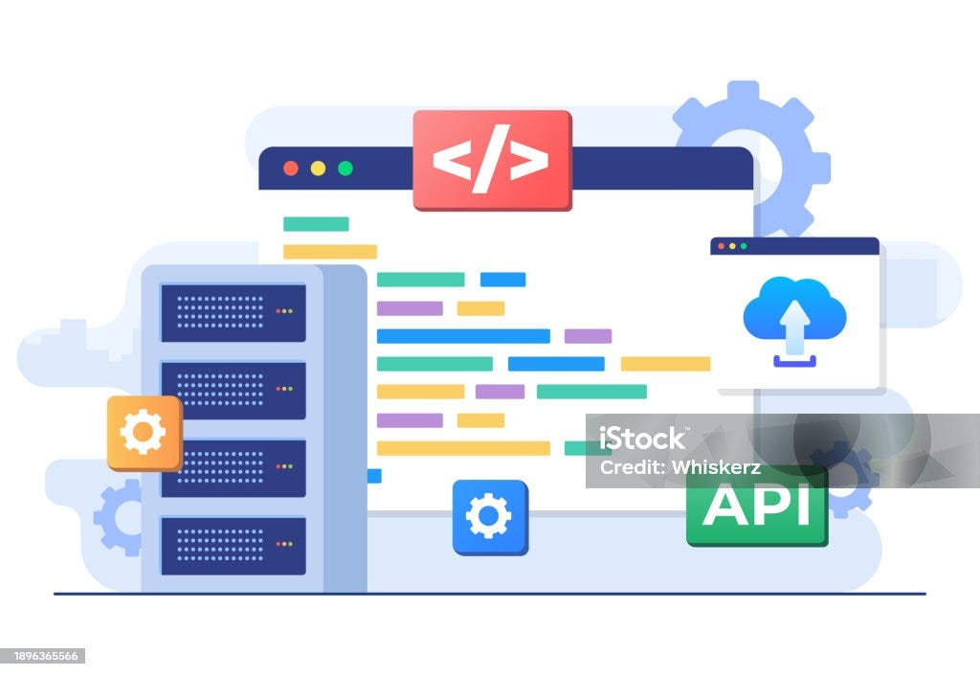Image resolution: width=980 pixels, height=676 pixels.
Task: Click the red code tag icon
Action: point(493,160)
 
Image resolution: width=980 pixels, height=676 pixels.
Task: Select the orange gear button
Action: point(145,433)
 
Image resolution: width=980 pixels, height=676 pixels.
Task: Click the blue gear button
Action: point(490,517)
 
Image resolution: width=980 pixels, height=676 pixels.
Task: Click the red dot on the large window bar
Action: point(291,169)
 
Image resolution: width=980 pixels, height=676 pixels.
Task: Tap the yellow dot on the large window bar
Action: point(318,169)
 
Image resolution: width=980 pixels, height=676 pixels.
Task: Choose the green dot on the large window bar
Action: point(345,169)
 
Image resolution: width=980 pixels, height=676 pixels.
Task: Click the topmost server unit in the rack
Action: point(234,313)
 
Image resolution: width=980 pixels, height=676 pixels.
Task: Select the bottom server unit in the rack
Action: point(234,546)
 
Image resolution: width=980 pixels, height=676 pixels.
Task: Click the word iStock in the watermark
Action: point(642,439)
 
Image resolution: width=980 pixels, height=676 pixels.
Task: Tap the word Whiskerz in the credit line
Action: point(716,467)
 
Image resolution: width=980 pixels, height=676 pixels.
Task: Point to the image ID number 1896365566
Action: point(41,656)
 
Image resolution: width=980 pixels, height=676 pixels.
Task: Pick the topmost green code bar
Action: point(316,224)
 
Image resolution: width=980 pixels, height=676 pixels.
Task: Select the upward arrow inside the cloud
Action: point(794,327)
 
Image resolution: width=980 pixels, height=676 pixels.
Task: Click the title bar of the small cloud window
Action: point(794,246)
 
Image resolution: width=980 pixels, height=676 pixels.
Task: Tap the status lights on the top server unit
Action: point(284,311)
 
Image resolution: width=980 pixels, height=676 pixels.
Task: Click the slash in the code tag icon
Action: point(491,160)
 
